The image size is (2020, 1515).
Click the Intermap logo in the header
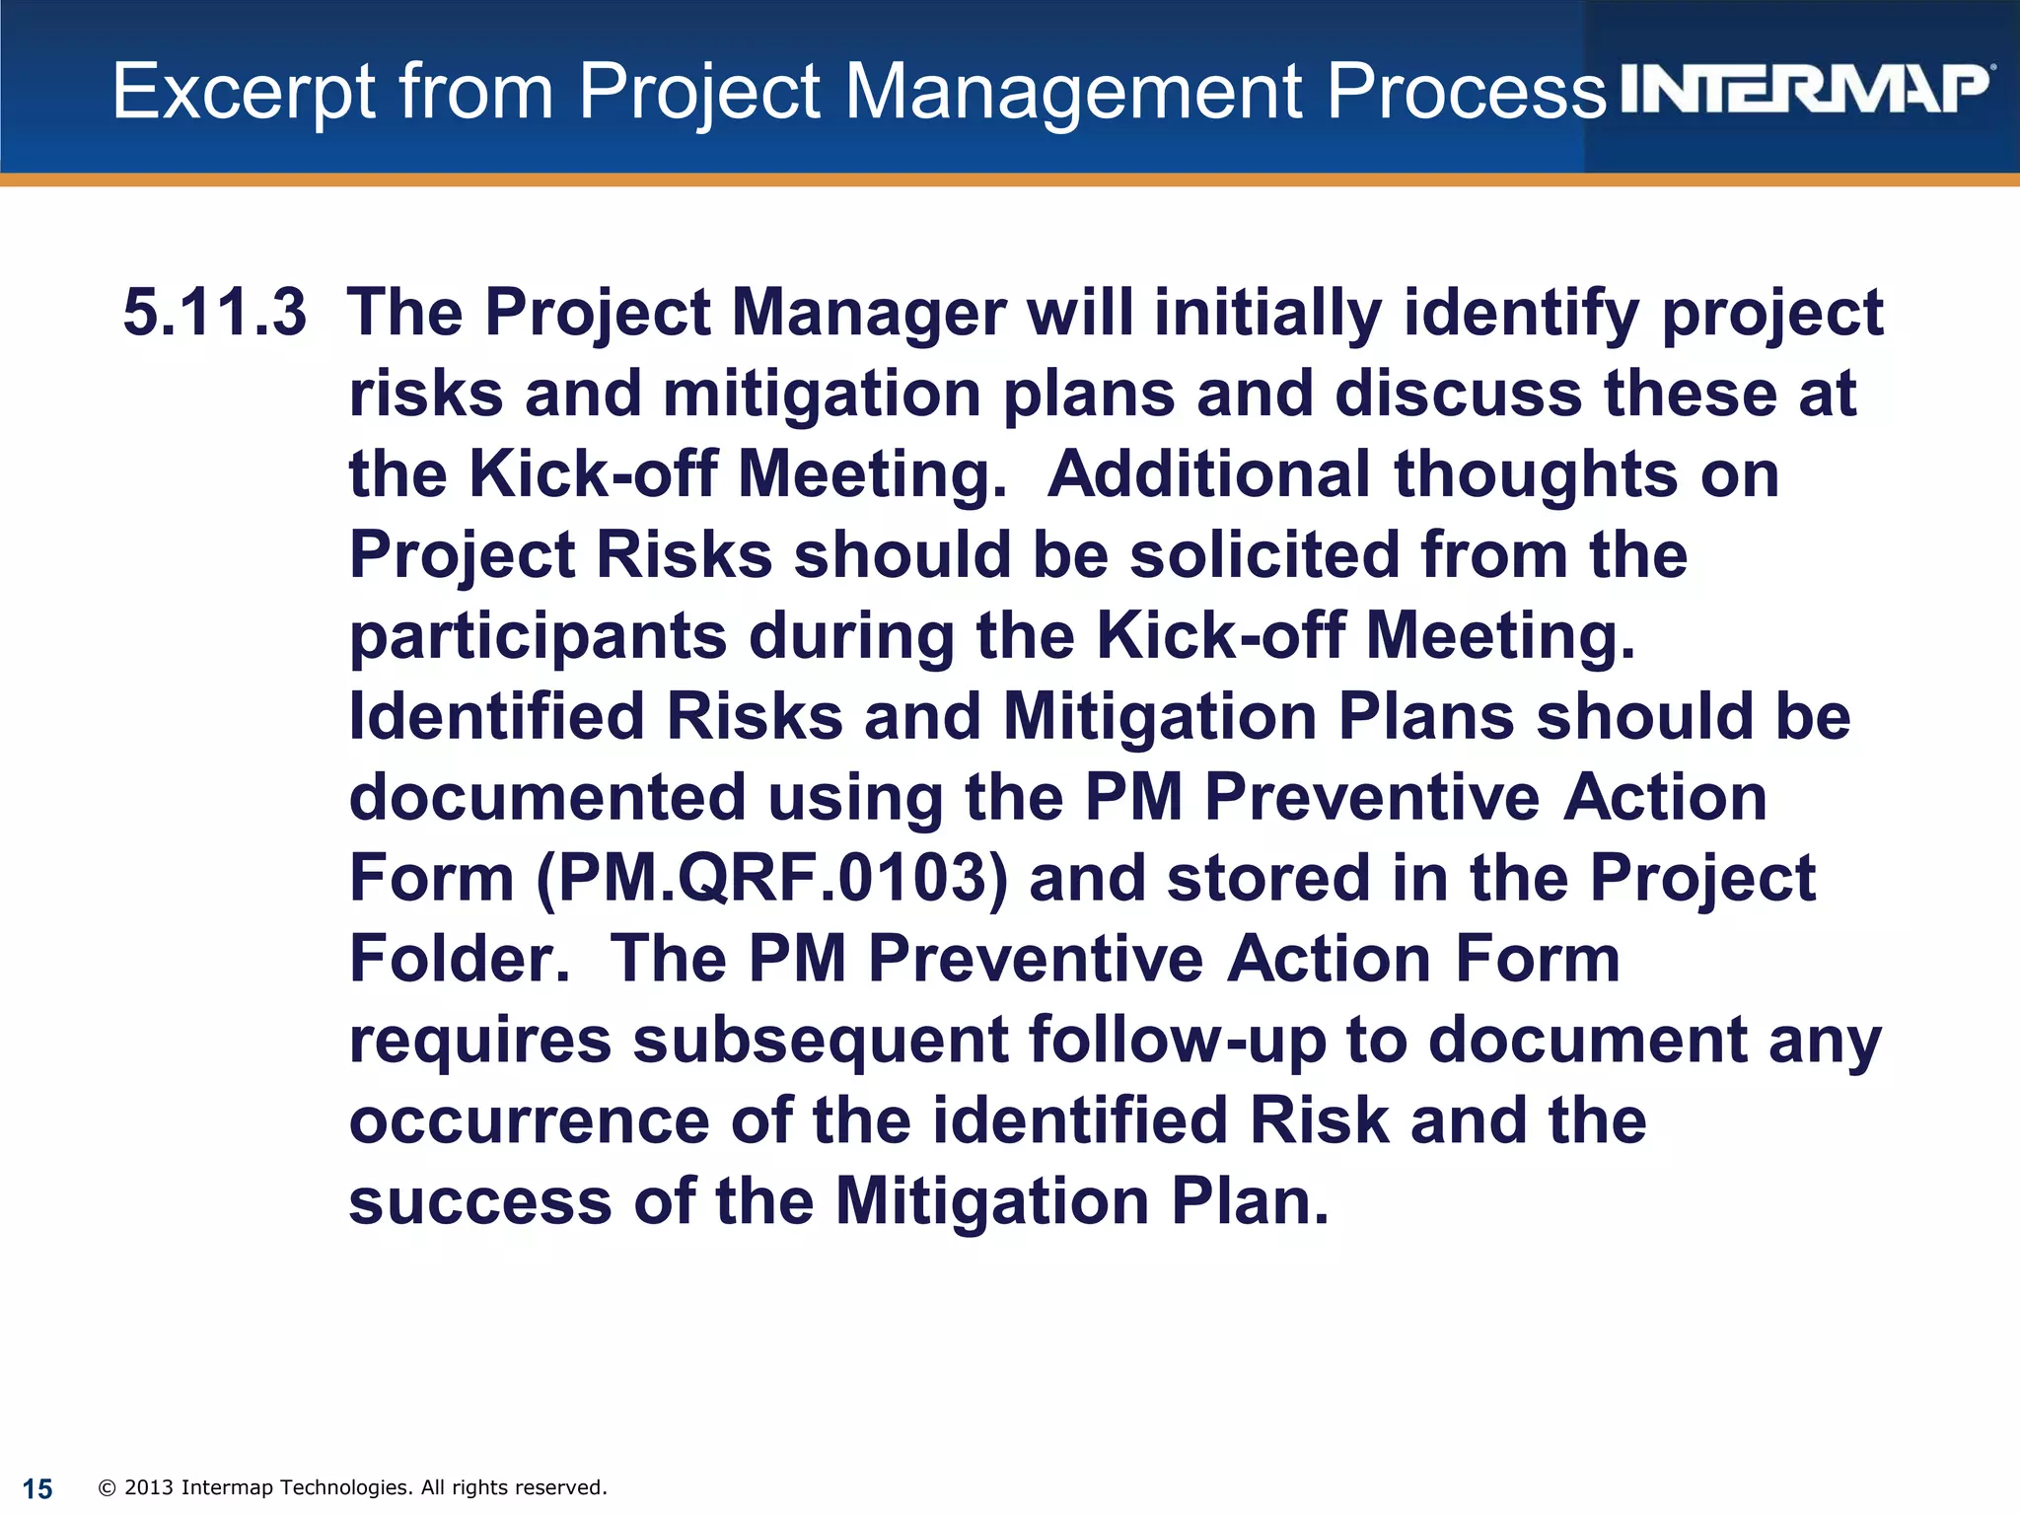coord(1805,91)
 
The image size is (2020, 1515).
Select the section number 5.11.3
coord(215,313)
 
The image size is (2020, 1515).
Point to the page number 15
coord(37,1488)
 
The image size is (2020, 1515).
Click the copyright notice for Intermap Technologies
coord(353,1487)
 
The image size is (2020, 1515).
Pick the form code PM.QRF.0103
coord(772,878)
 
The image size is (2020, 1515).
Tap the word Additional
coord(1208,474)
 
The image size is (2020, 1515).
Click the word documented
coord(547,797)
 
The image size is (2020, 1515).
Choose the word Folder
coord(460,959)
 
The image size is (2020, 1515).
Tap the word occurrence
coord(529,1121)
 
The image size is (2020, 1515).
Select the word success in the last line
coord(480,1202)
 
